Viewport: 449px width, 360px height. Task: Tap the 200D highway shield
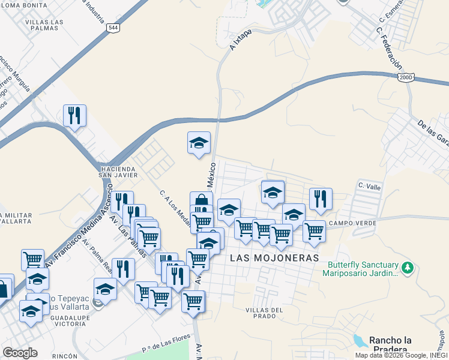[407, 77]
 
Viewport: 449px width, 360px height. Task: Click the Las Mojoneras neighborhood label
[273, 257]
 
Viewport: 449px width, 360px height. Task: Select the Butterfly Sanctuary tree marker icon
[408, 267]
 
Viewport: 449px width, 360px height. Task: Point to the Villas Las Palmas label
[44, 26]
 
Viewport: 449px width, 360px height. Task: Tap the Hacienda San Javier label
[119, 172]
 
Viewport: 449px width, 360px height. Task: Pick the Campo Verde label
[352, 223]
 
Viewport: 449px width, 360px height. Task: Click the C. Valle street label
[369, 187]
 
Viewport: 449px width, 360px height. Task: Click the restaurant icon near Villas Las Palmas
[74, 115]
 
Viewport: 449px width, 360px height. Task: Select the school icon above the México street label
[199, 143]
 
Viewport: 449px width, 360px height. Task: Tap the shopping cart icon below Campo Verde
[313, 230]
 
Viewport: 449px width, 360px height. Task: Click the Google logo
[20, 352]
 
